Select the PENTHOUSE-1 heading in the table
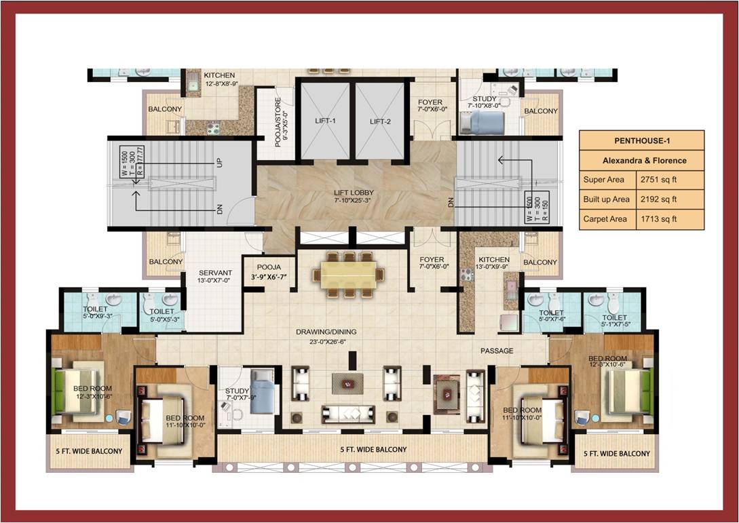coord(641,142)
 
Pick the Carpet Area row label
coord(606,219)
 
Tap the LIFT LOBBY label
coord(354,193)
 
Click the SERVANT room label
coord(216,273)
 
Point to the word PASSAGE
coord(497,351)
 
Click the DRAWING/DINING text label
coord(326,332)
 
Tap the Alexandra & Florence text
coord(641,161)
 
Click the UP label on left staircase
coord(219,163)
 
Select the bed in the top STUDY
coord(485,123)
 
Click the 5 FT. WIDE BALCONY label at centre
coord(373,450)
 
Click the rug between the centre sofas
coord(348,383)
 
